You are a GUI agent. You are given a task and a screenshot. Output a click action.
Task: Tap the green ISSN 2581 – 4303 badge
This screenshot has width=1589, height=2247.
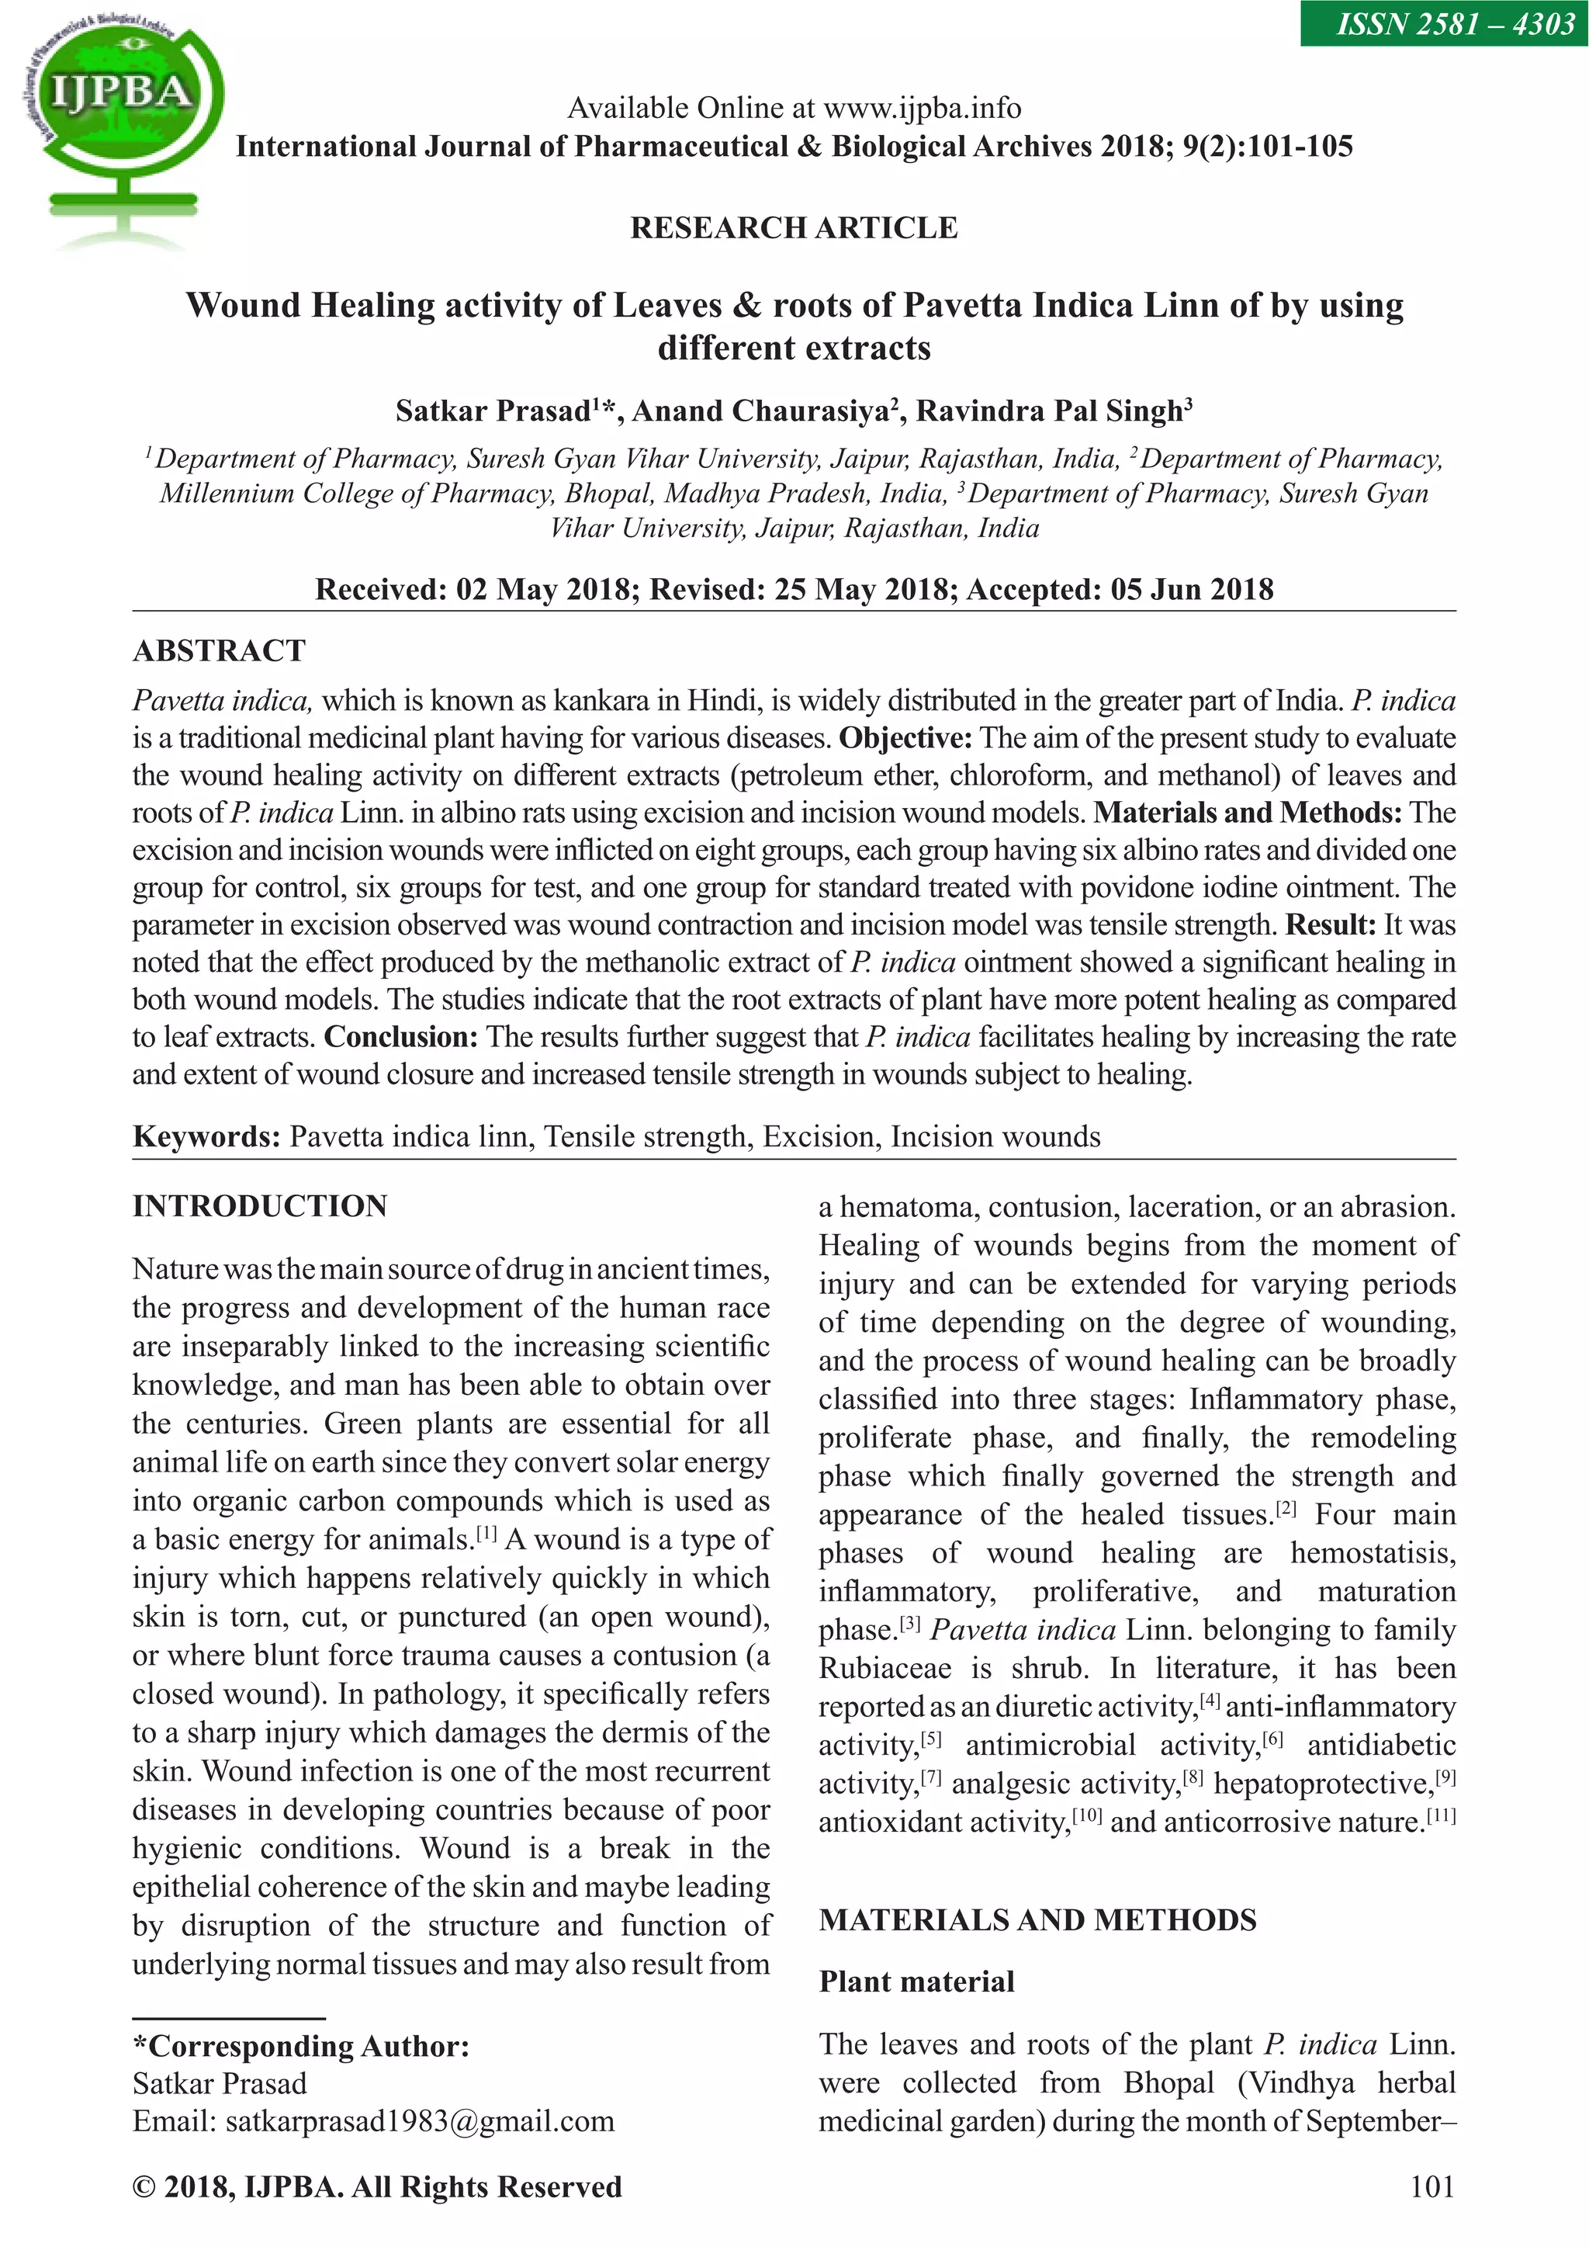point(1444,23)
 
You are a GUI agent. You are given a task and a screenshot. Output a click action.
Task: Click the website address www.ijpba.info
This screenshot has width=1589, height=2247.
point(922,108)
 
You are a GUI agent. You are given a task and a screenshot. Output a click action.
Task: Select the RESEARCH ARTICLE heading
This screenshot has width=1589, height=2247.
point(794,228)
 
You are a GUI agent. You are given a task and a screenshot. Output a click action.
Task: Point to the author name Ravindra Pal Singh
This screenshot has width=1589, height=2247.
point(1053,411)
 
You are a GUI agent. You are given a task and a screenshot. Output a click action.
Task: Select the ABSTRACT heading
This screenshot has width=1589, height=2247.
point(219,650)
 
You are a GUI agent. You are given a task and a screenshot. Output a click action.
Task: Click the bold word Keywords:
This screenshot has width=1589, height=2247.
point(206,1136)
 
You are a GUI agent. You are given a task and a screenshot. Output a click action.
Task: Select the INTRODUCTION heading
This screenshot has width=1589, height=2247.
point(260,1205)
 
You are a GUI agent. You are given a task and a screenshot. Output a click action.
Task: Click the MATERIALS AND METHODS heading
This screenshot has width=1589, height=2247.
point(1037,1920)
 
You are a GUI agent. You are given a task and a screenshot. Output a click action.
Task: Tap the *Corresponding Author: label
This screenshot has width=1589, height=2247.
point(300,2047)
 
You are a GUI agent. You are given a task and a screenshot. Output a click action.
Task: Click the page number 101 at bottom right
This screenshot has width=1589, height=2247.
point(1432,2187)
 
